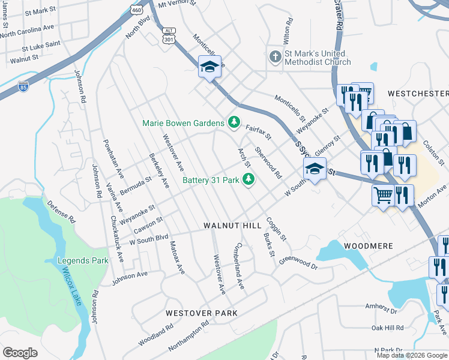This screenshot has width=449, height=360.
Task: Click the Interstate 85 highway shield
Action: pyautogui.click(x=23, y=86)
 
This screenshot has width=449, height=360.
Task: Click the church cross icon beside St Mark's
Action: pyautogui.click(x=275, y=57)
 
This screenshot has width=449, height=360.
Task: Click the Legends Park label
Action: pyautogui.click(x=83, y=260)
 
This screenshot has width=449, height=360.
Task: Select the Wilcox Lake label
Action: pyautogui.click(x=70, y=286)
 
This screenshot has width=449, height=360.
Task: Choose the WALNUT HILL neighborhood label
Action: pyautogui.click(x=232, y=225)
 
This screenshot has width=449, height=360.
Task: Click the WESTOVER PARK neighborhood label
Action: pyautogui.click(x=202, y=313)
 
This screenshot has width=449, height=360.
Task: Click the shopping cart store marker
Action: pyautogui.click(x=383, y=194)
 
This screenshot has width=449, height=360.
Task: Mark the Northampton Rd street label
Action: pyautogui.click(x=188, y=335)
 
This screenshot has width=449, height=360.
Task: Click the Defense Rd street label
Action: pyautogui.click(x=61, y=211)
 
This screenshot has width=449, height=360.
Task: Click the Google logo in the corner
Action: pyautogui.click(x=20, y=353)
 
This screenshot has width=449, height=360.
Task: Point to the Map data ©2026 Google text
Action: pyautogui.click(x=412, y=355)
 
